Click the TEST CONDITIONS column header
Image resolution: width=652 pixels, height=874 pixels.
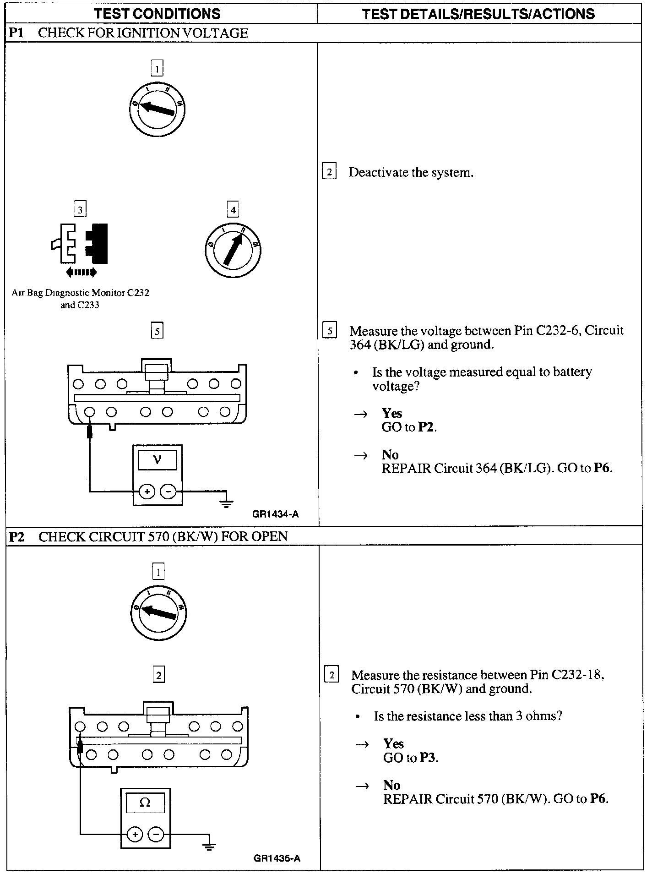pos(157,14)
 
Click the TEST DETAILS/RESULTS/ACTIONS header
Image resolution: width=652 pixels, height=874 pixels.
pos(478,14)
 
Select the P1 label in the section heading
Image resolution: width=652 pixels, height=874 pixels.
pos(16,33)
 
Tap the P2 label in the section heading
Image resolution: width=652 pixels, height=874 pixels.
pos(17,536)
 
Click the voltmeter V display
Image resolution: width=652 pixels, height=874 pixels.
pos(157,459)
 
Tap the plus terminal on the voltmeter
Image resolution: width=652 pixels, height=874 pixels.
pos(147,492)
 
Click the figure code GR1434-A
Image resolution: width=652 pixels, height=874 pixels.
pos(275,514)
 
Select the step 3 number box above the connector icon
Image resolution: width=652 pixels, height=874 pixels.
pos(80,210)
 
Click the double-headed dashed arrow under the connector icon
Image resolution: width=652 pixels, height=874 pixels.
pos(81,273)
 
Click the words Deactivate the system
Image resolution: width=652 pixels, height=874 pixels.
pos(411,173)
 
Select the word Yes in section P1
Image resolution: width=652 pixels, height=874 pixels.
pos(392,413)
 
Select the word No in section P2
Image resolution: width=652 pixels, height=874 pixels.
pos(391,785)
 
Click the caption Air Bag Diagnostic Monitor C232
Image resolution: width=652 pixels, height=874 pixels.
pos(81,293)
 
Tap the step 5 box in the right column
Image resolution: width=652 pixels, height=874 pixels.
pos(329,330)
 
